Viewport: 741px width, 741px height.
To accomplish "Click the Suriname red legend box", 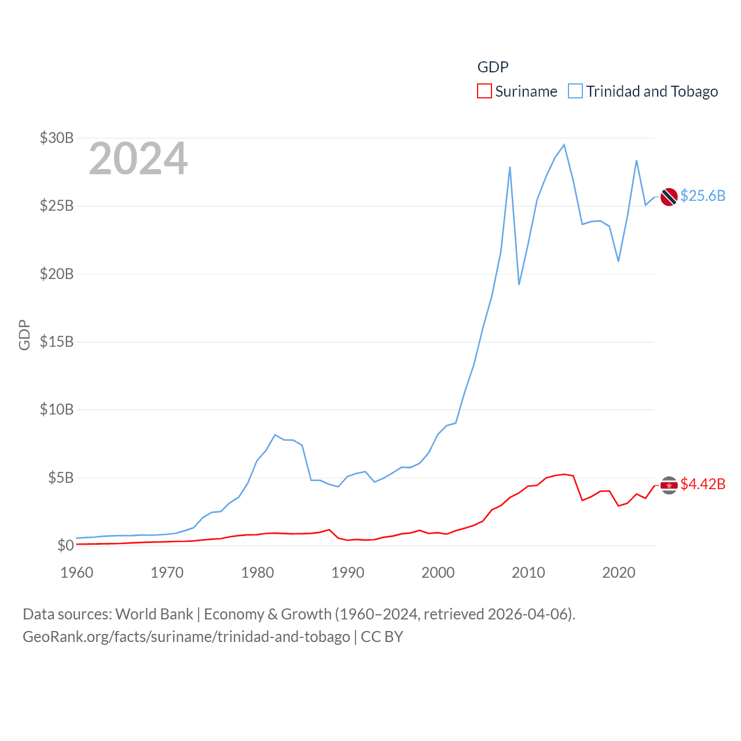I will (x=484, y=91).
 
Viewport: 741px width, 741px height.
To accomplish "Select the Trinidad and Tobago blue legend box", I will (x=575, y=91).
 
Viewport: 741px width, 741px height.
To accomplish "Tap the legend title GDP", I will (x=493, y=67).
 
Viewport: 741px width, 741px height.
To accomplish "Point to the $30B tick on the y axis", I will (x=57, y=138).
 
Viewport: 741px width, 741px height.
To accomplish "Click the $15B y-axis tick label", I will (x=57, y=342).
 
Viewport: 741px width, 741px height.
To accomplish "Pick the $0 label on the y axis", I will (x=65, y=545).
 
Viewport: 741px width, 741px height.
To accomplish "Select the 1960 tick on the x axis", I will (x=77, y=573).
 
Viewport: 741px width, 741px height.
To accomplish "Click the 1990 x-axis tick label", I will (x=348, y=573).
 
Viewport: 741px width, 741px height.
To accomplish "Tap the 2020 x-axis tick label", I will (x=619, y=573).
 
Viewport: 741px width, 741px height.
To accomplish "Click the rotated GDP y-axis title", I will (x=24, y=335).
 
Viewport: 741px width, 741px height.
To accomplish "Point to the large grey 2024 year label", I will (x=138, y=159).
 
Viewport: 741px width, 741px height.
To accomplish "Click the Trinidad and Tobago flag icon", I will (x=669, y=197).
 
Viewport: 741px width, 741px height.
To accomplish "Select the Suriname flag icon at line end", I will (x=669, y=485).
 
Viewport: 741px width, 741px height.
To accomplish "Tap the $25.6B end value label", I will (x=703, y=196).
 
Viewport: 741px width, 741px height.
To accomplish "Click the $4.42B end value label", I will (x=703, y=484).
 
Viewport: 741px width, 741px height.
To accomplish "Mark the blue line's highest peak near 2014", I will (x=564, y=145).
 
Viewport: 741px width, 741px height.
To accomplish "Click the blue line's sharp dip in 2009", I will (x=519, y=284).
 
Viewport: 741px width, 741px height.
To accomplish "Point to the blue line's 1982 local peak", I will (x=275, y=435).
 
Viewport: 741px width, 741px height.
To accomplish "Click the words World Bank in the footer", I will (x=154, y=614).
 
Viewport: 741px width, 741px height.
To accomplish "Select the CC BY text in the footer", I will (x=382, y=637).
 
